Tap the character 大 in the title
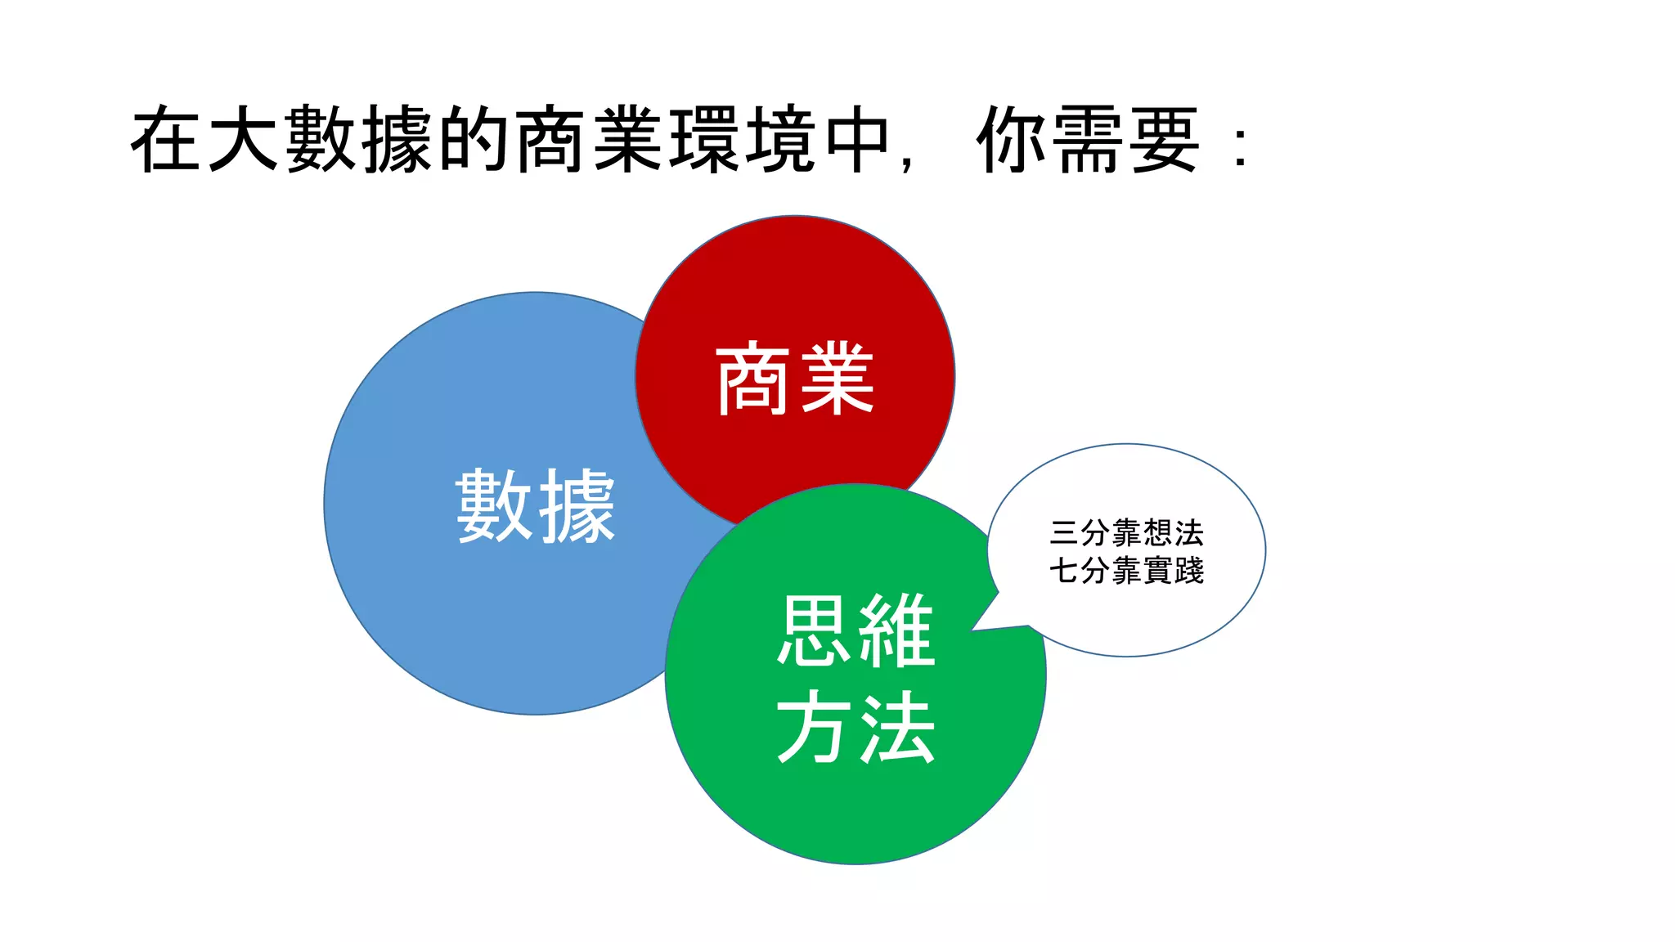point(243,140)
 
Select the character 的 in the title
point(474,140)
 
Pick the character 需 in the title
point(1088,140)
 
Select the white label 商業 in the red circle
point(795,379)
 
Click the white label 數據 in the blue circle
point(536,506)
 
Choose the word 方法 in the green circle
point(855,727)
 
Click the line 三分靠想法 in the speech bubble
point(1126,533)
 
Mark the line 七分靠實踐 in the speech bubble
point(1126,571)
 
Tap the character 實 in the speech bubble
point(1157,571)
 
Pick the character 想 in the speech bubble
point(1157,533)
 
